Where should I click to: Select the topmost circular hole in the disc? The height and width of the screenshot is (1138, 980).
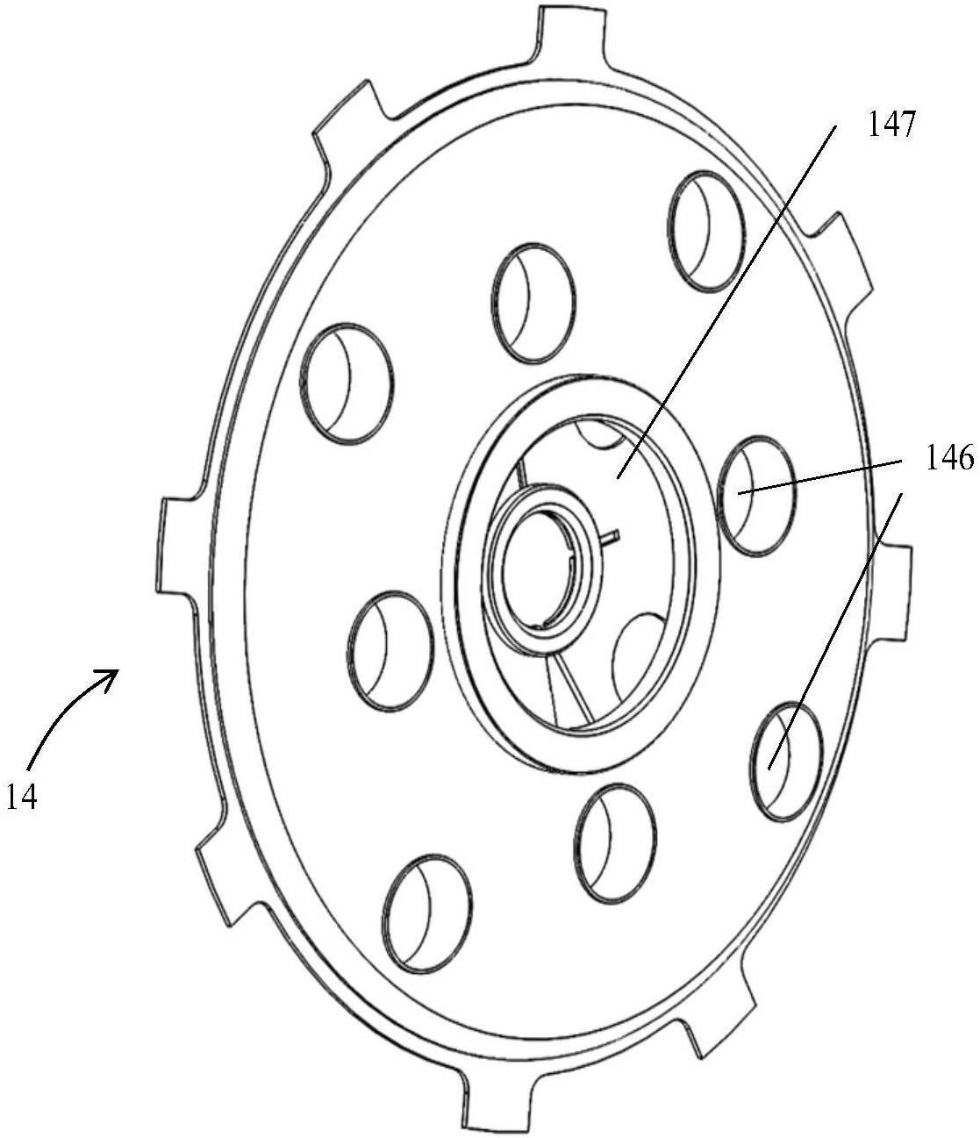(707, 231)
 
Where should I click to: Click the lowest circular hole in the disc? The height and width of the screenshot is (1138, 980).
(427, 913)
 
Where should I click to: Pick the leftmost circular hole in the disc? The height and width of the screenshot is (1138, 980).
(346, 383)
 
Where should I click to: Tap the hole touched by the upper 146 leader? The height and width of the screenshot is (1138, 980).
(756, 496)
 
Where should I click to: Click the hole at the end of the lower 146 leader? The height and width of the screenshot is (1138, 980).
(788, 762)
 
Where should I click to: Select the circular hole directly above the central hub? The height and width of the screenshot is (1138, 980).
(533, 302)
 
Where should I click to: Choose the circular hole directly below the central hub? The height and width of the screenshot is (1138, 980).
(616, 841)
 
